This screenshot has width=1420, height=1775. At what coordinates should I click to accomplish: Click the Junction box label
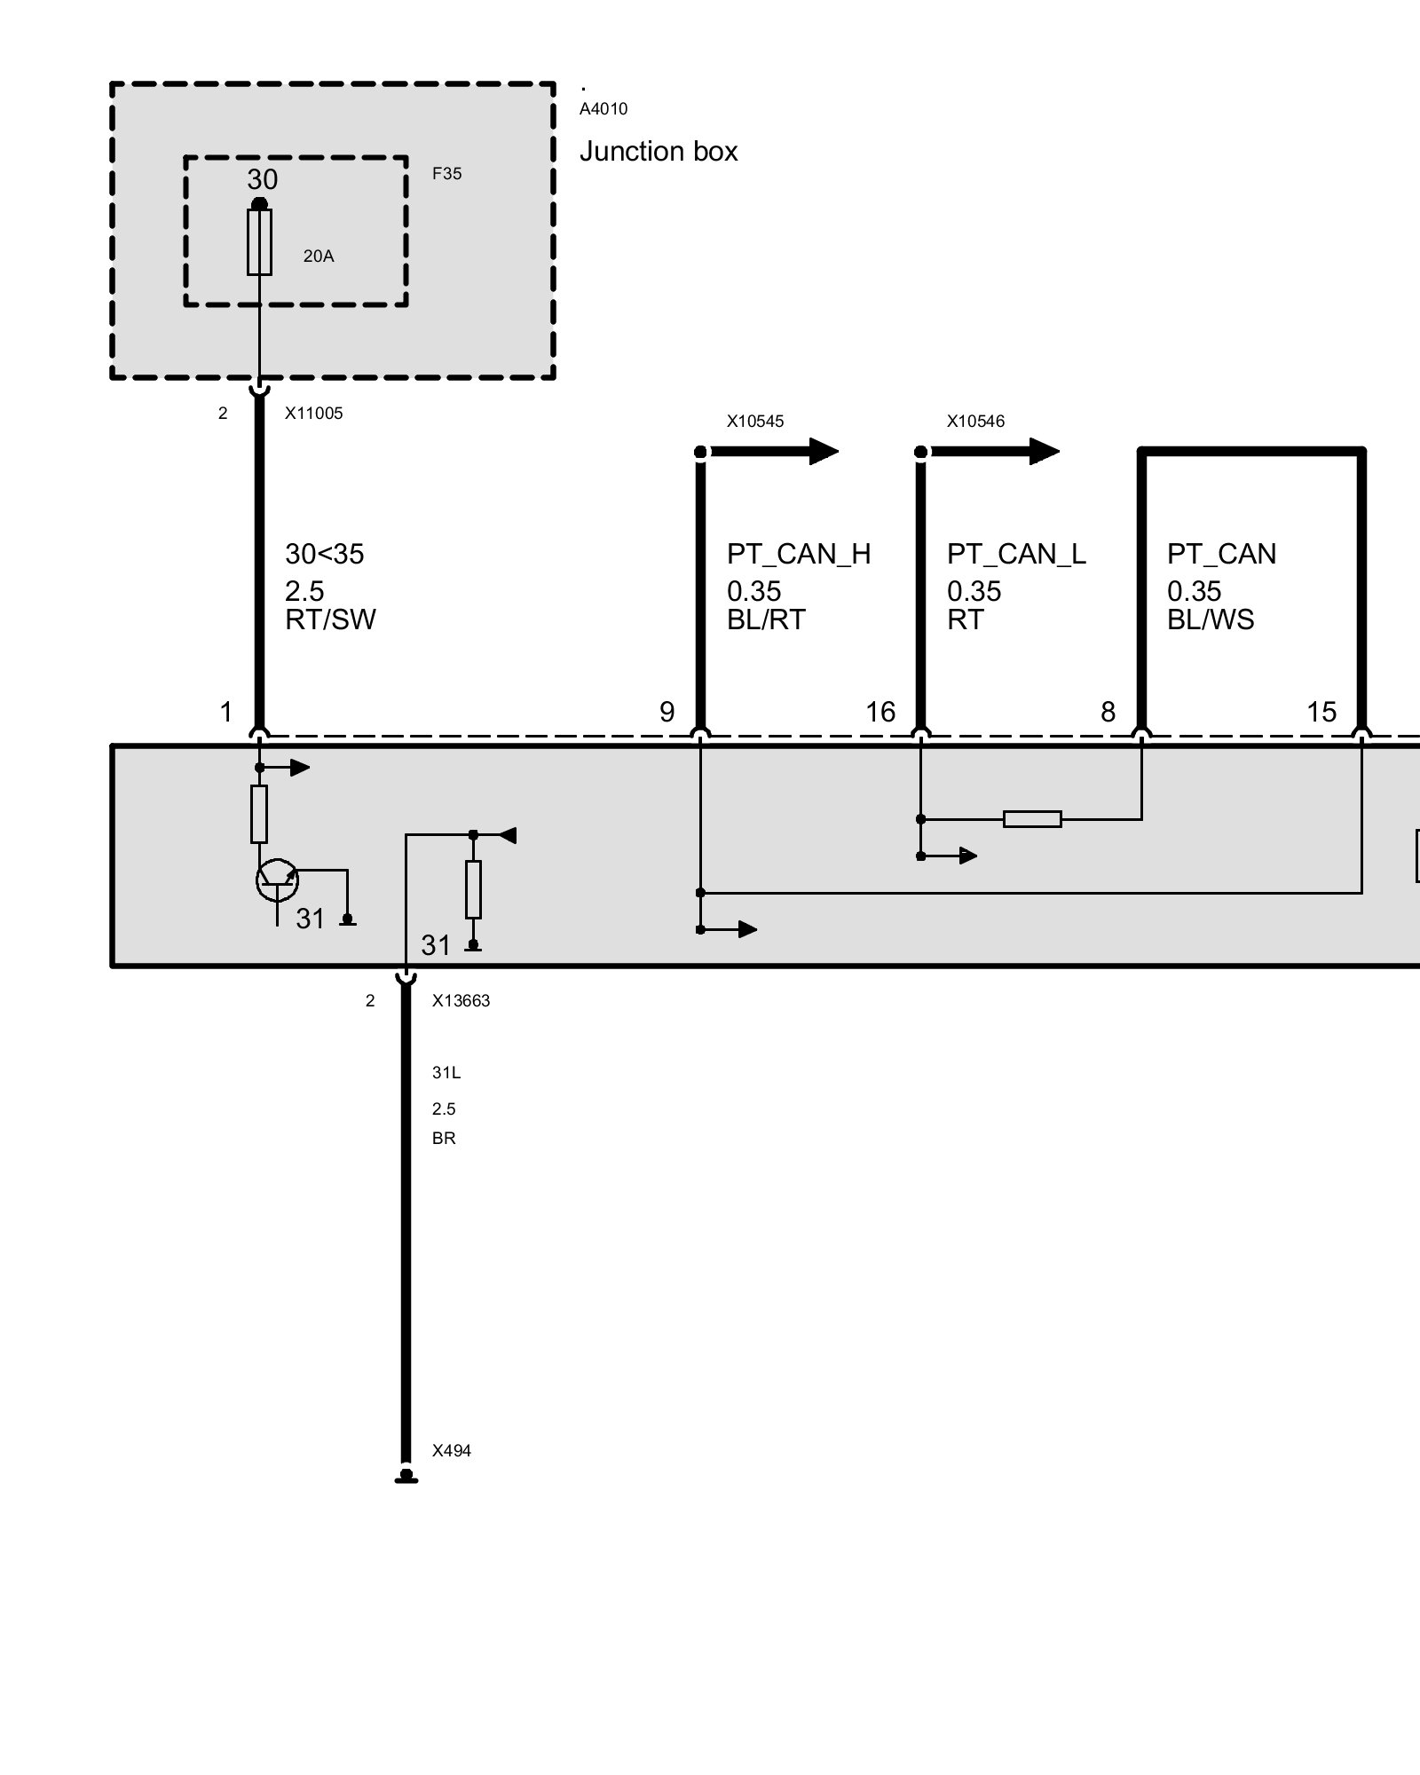pos(658,152)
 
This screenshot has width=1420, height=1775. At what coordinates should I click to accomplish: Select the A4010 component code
pos(603,109)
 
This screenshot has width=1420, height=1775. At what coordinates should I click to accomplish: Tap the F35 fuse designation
pos(446,174)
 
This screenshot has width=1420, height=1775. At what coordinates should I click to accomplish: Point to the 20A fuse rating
pos(319,256)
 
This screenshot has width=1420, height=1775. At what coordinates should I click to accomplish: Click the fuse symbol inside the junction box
pos(259,242)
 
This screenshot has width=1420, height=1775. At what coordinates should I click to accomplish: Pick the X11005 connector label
pos(313,414)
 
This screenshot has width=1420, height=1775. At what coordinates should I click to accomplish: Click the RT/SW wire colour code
pos(330,619)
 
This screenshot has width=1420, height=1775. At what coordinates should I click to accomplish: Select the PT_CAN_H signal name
pos(799,554)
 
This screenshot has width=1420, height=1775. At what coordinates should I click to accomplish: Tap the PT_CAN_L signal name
pos(1016,554)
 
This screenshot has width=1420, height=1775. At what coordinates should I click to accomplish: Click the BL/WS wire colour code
pos(1211,619)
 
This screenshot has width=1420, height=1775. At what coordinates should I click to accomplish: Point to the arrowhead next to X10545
pos(823,452)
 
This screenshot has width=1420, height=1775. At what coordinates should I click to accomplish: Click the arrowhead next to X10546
pos(1044,452)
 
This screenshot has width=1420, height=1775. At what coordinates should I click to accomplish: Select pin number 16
pos(880,712)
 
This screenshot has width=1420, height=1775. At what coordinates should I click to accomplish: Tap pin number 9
pos(667,712)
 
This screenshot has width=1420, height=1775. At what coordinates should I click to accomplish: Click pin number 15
pos(1321,712)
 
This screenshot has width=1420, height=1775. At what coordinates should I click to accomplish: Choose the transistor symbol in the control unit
pos(277,880)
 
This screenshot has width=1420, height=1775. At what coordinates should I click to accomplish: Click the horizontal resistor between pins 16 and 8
pos(1032,819)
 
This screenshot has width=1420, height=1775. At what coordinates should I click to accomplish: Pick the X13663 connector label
pos(461,1001)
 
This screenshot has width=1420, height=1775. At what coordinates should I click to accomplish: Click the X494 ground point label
pos(451,1451)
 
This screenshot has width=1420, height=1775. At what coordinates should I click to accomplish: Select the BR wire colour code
pos(444,1139)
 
